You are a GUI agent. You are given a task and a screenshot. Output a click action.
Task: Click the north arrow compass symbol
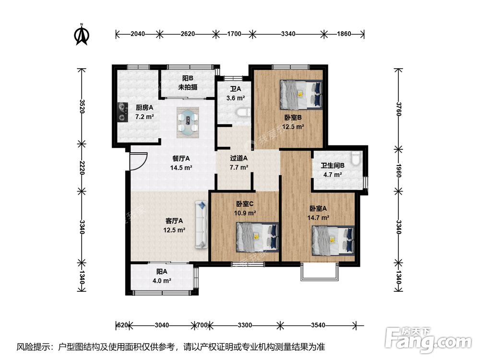point(82,34)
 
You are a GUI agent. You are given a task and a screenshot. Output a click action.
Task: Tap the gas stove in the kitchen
point(123,112)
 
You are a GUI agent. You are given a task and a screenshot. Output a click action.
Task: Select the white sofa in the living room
point(202,224)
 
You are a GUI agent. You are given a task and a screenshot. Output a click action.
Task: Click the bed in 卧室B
point(301,95)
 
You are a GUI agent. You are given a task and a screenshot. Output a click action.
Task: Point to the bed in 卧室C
point(257,237)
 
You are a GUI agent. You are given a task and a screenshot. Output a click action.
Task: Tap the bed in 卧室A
point(334,241)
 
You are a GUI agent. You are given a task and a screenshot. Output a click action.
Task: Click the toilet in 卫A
point(243,113)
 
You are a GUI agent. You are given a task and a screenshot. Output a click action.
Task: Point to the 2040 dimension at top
point(138,34)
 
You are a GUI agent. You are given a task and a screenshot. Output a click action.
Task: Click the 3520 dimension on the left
point(82,106)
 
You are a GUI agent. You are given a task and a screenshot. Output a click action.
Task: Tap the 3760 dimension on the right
point(398,108)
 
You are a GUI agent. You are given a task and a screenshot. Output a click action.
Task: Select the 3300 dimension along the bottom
point(245,325)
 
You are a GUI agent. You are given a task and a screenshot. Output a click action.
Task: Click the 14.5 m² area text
point(181,168)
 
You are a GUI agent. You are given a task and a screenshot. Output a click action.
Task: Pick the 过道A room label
point(239,158)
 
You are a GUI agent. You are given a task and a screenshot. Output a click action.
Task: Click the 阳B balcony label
point(188,79)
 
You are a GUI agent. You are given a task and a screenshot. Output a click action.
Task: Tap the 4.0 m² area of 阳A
point(162,280)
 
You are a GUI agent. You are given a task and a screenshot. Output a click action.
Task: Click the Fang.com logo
point(428,339)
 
